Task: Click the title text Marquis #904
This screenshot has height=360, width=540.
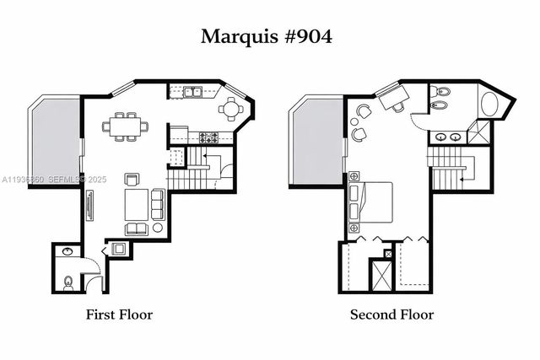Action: point(266,36)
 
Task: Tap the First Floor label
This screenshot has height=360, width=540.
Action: point(119,314)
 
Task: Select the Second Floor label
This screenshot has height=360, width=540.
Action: point(391,314)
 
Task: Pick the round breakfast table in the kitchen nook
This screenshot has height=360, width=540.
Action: point(230,109)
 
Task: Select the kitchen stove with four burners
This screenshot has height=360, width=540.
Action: point(208,137)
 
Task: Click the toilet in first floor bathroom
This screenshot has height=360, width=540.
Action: point(67,281)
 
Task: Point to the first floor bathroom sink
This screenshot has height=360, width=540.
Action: point(67,252)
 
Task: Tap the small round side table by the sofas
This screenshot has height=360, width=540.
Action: point(157,228)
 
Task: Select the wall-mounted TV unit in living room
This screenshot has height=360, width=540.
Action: point(89,205)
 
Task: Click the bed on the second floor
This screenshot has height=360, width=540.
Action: point(371,202)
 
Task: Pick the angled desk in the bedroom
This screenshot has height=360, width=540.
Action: point(391,98)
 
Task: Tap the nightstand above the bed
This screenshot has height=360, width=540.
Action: point(354,176)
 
